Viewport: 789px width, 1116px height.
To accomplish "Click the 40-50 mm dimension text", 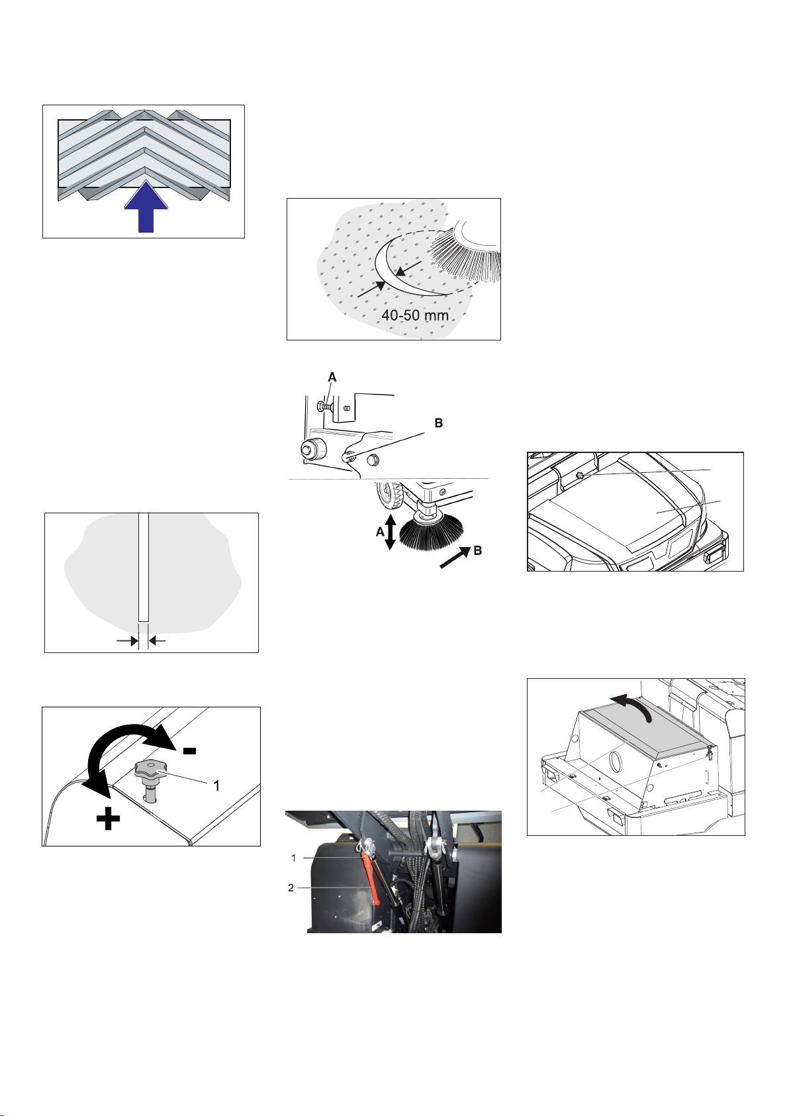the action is click(x=414, y=315).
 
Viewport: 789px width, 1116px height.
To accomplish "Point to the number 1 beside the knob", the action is click(x=215, y=786).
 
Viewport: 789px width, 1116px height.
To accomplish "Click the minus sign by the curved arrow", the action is click(x=189, y=750).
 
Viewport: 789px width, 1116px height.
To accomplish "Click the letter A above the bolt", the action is click(x=332, y=377).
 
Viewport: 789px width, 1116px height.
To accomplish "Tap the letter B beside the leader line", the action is click(x=438, y=423).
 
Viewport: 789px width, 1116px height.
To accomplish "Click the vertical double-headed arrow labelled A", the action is click(x=390, y=532).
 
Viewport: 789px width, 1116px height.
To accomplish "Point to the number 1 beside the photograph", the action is click(x=293, y=858).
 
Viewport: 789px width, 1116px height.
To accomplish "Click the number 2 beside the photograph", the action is click(x=291, y=888).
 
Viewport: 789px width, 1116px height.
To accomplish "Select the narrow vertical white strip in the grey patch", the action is click(x=144, y=566).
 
